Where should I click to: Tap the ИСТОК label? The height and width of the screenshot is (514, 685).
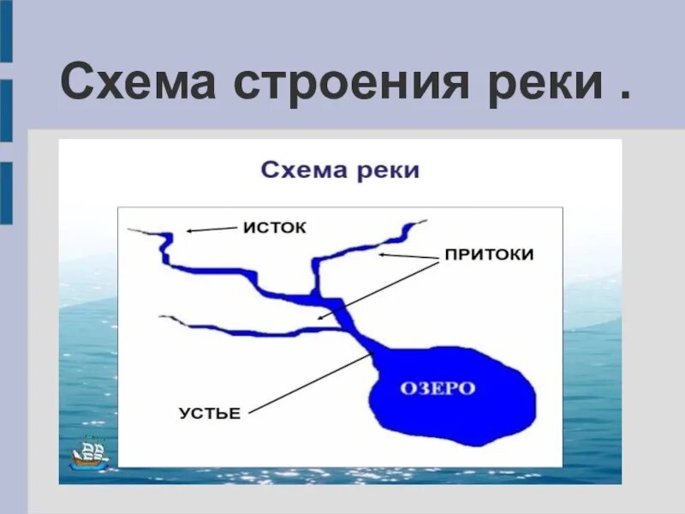coord(274,228)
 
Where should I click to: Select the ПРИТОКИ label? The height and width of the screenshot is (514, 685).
coord(488,255)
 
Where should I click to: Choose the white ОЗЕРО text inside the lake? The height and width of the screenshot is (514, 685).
coord(438,388)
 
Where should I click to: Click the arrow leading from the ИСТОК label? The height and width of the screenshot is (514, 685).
coord(211,230)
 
